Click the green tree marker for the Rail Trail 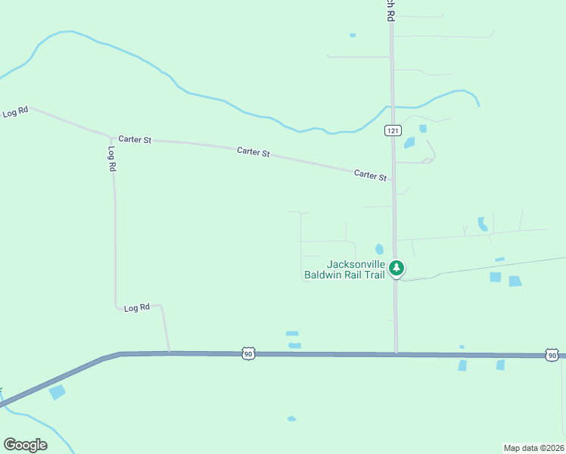point(396,268)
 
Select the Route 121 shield point(391,131)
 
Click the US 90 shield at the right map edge point(552,355)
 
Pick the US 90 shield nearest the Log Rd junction point(248,353)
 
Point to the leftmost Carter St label point(135,140)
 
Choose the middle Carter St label point(253,152)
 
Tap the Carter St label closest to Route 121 point(371,175)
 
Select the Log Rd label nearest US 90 point(137,308)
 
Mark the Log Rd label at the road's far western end point(15,112)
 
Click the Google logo point(25,445)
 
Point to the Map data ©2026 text point(534,447)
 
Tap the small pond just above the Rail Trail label point(379,249)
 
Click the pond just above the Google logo point(57,392)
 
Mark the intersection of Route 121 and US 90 point(396,353)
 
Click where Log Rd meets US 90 point(169,352)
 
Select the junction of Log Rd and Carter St point(112,138)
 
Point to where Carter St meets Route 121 point(393,182)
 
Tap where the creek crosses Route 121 point(391,107)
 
